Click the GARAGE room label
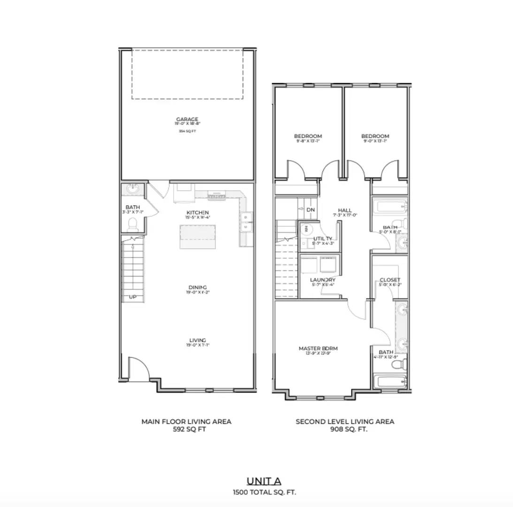click(x=187, y=119)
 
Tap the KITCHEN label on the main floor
click(x=197, y=213)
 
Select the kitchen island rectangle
click(x=198, y=237)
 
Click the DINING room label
click(x=198, y=287)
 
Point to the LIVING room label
click(x=198, y=340)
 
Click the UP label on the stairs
click(x=133, y=297)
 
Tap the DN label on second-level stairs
click(x=311, y=210)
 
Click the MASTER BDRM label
click(x=318, y=348)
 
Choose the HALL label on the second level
click(x=345, y=210)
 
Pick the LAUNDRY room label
click(x=322, y=280)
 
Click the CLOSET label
click(x=390, y=280)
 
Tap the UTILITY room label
click(x=323, y=238)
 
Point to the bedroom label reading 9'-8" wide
click(x=308, y=136)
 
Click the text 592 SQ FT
click(x=186, y=429)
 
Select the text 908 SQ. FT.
click(x=345, y=429)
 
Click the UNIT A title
click(x=264, y=481)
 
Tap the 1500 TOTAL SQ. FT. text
click(x=264, y=492)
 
